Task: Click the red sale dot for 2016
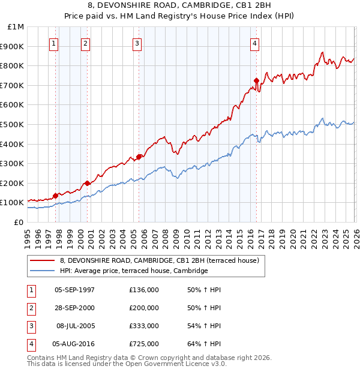(x=256, y=80)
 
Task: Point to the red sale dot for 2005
(x=139, y=157)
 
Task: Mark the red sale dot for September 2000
(x=87, y=183)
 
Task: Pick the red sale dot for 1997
(x=55, y=196)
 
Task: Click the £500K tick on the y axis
(x=13, y=124)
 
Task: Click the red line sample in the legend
(x=43, y=260)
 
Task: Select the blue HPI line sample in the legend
(x=43, y=271)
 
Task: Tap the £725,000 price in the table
(x=144, y=344)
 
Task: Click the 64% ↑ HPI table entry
(x=204, y=344)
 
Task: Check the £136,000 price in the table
(x=144, y=290)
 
